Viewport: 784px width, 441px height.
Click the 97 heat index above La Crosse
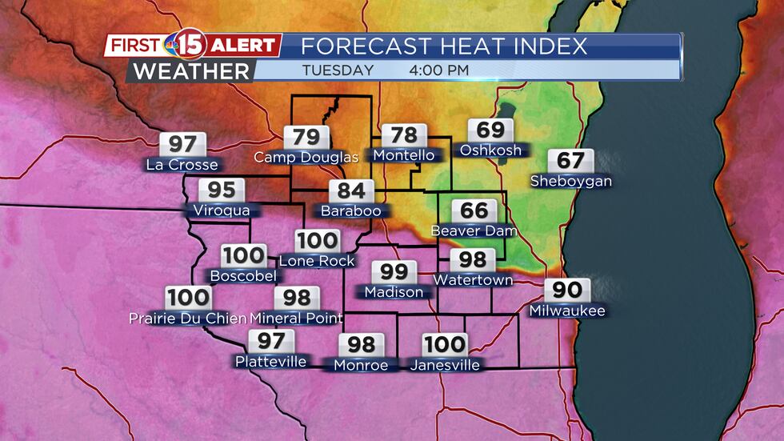[x=182, y=145]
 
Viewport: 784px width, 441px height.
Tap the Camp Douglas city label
[x=306, y=158]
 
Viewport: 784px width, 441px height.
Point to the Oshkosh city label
[x=490, y=150]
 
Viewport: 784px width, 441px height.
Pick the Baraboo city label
[x=351, y=211]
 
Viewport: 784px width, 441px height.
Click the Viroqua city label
[x=221, y=210]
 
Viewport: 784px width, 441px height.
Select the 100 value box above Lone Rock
[x=317, y=241]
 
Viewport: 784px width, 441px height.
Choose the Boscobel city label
[x=242, y=276]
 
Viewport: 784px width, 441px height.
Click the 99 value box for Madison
[x=394, y=273]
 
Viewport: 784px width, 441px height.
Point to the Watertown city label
[x=473, y=280]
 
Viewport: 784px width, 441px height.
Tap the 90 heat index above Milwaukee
[x=567, y=290]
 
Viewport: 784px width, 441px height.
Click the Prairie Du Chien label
[x=188, y=319]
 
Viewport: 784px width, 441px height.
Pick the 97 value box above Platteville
[x=270, y=341]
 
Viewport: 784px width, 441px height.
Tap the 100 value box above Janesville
[x=445, y=345]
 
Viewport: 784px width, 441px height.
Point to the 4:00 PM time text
[x=438, y=70]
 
